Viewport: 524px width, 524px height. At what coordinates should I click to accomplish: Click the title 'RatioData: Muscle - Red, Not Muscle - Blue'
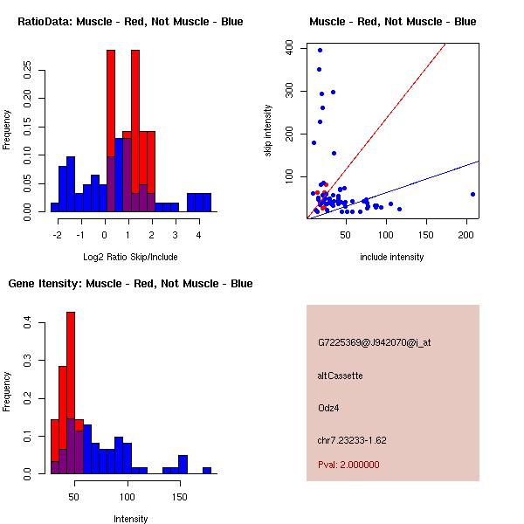[x=130, y=21]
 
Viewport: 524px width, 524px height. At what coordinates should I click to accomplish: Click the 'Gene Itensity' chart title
[x=130, y=284]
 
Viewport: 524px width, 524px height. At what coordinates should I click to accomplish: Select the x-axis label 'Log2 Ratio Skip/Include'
[x=130, y=257]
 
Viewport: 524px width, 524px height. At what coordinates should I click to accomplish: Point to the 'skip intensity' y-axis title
[x=268, y=131]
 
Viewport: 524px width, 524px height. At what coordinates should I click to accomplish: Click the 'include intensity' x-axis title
[x=392, y=257]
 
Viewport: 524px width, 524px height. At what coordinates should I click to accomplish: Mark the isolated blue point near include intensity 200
[x=472, y=194]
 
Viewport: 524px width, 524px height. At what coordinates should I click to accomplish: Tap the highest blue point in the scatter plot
[x=320, y=50]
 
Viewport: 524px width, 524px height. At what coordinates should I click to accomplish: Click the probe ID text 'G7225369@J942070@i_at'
[x=374, y=342]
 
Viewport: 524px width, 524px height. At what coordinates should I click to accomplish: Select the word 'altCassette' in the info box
[x=340, y=376]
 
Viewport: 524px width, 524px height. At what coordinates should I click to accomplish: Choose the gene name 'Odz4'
[x=328, y=407]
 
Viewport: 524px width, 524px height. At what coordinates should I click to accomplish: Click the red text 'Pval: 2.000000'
[x=348, y=465]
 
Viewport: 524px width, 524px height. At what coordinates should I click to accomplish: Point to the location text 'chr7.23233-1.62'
[x=352, y=440]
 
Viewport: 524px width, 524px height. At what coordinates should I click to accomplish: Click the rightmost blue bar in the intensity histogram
[x=207, y=470]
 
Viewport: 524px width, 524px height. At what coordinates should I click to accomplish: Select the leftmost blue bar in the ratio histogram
[x=54, y=207]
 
